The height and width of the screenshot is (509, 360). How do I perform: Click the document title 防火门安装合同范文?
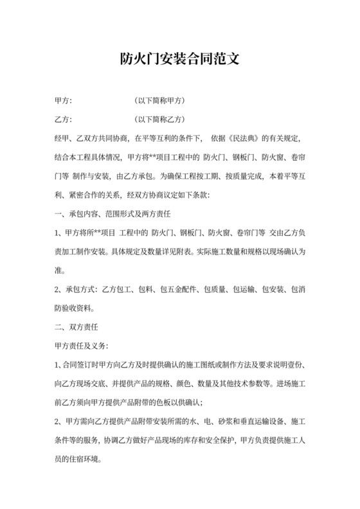180,60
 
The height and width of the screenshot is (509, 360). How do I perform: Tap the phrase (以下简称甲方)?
160,101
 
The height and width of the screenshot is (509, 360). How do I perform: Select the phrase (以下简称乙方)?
160,120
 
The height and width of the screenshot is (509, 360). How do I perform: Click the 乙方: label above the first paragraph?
64,120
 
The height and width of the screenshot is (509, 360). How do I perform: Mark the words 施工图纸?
182,365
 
